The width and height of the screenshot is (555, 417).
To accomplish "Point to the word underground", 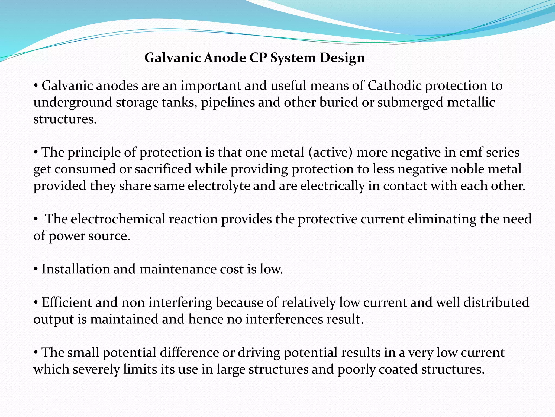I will [73, 103].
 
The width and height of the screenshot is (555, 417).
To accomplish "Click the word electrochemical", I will [118, 219].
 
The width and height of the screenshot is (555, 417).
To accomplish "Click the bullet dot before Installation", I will [36, 270].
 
